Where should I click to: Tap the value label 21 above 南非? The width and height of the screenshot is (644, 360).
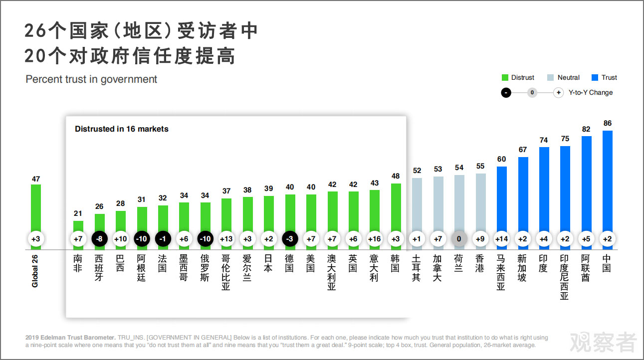click(x=78, y=213)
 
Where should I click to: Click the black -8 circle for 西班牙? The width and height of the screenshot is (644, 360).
click(x=99, y=239)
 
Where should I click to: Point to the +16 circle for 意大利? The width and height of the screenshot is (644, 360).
click(x=374, y=239)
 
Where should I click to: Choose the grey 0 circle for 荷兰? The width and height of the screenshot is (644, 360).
click(x=459, y=239)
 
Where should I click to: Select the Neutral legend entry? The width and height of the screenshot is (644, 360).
click(x=563, y=78)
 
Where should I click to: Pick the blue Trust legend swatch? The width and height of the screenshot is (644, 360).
click(x=595, y=78)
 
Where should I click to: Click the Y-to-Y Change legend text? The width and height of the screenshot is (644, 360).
click(x=590, y=93)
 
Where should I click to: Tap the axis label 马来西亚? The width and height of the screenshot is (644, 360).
click(x=501, y=272)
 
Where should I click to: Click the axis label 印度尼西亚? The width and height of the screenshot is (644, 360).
click(x=565, y=277)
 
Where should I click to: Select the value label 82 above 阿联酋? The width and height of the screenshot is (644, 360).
click(x=586, y=129)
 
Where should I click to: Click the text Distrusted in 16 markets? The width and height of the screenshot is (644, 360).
click(x=122, y=129)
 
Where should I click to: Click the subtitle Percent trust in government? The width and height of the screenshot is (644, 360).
click(x=91, y=79)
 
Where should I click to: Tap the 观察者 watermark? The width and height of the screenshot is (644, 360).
click(x=604, y=342)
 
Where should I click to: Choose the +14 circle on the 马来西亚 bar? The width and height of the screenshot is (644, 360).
click(x=501, y=239)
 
